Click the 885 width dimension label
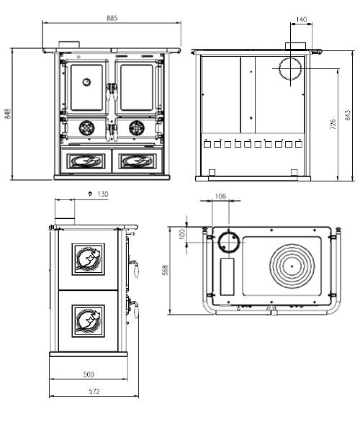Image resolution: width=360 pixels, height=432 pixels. (112, 18)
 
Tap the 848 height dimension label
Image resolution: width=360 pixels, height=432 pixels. (8, 114)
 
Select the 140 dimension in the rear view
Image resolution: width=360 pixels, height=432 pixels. (302, 19)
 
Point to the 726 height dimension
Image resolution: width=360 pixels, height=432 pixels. (333, 125)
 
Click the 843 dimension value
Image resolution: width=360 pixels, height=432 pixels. (348, 115)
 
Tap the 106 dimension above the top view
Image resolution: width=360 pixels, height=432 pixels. (220, 196)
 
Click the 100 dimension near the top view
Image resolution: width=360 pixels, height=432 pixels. (183, 234)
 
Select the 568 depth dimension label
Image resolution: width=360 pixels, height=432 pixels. (166, 270)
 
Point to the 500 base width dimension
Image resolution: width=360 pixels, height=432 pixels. (89, 374)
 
